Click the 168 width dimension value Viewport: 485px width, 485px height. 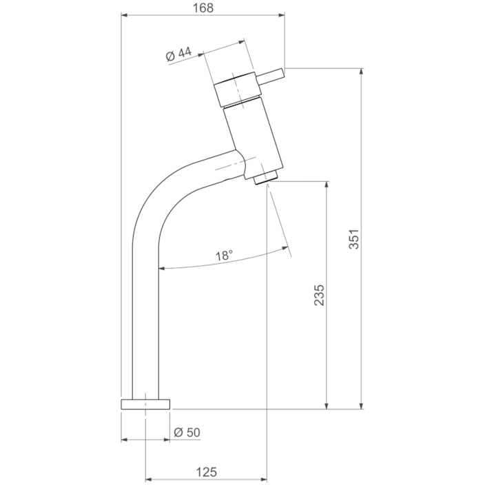tap(203, 8)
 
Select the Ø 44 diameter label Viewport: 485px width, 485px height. tap(178, 55)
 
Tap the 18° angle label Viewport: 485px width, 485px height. tap(224, 255)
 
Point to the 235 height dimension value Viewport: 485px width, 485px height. tap(319, 295)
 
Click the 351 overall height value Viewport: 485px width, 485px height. tap(354, 239)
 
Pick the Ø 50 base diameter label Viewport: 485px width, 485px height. tap(187, 432)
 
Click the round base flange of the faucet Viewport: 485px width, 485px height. tap(145, 404)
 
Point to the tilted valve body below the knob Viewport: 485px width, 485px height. tap(254, 134)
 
